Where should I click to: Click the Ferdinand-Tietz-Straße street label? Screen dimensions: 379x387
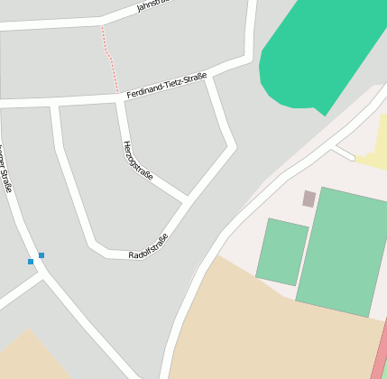coord(167,86)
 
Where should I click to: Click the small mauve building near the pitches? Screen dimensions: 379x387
coord(309,199)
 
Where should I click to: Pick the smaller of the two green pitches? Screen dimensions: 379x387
coord(282,252)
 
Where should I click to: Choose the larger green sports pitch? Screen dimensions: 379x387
coord(341,251)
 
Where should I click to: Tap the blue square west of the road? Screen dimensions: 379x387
coord(31,262)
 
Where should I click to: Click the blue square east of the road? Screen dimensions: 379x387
coord(41,255)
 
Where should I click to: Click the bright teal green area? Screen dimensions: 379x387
coord(311,54)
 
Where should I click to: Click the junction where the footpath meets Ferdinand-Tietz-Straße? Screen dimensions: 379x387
coord(116,92)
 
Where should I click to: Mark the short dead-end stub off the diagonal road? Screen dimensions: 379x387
coord(342,151)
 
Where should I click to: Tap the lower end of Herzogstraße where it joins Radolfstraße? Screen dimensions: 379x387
coord(187,199)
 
